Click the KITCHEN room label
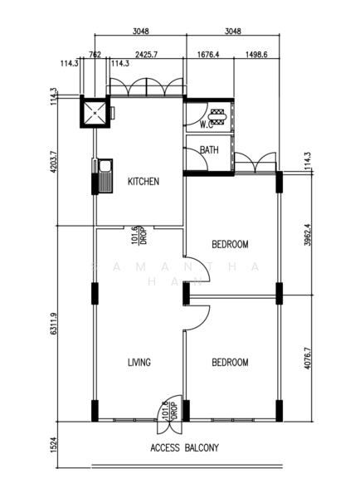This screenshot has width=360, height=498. click(x=143, y=182)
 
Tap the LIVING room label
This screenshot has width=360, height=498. click(x=139, y=362)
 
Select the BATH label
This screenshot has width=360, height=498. click(x=209, y=150)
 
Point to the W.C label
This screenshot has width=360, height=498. click(x=207, y=124)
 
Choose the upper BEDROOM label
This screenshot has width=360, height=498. click(x=231, y=244)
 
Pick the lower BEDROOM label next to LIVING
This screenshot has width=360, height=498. click(x=230, y=362)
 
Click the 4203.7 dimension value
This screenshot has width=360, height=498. click(x=53, y=166)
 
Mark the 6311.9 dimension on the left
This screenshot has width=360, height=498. click(x=53, y=324)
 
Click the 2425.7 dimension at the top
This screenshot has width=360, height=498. click(x=147, y=55)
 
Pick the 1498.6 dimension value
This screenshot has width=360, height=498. click(x=255, y=55)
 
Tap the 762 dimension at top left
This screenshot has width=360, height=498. click(x=95, y=55)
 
